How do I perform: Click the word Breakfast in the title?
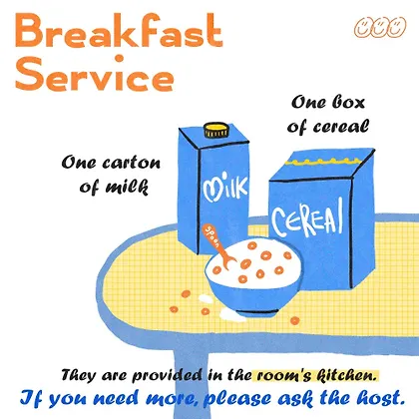119,31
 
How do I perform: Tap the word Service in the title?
95,74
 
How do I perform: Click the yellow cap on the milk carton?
216,130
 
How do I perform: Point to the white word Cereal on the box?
307,218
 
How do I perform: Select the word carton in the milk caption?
132,164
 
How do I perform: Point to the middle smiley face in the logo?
380,28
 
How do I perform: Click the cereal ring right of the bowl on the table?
294,320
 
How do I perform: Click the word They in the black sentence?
78,375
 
